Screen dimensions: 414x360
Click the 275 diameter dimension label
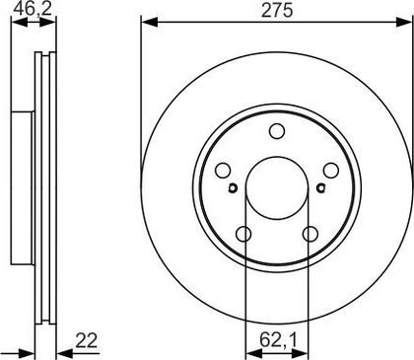click(x=277, y=11)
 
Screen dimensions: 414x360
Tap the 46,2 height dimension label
click(x=33, y=9)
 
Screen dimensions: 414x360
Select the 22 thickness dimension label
click(x=87, y=340)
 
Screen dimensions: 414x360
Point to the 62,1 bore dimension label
click(x=279, y=340)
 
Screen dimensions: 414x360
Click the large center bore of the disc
click(x=277, y=188)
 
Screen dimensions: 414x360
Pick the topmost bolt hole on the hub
click(x=277, y=131)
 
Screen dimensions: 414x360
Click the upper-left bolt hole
click(x=223, y=171)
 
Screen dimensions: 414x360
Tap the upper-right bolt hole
click(x=330, y=171)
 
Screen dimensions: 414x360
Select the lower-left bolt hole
click(x=243, y=234)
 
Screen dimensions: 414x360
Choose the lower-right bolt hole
click(x=310, y=234)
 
